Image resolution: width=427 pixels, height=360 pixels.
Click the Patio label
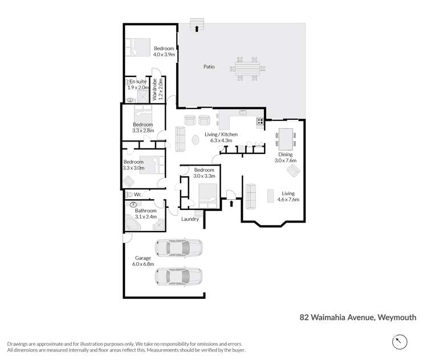pos(209,67)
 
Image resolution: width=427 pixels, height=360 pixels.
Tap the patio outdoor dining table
pos(248,68)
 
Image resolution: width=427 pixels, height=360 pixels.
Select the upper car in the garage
pos(179,248)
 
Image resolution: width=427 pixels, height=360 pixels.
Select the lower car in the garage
pos(179,277)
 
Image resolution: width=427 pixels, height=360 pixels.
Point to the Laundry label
pos(190,219)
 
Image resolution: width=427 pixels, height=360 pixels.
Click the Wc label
pos(137,195)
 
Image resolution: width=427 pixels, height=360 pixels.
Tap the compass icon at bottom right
pos(400,342)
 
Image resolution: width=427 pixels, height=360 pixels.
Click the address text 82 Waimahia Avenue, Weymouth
pos(358,317)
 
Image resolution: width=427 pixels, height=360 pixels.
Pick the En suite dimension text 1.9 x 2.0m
pos(139,88)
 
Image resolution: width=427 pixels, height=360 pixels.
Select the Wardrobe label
pos(154,90)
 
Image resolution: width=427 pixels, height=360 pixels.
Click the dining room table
pos(285,138)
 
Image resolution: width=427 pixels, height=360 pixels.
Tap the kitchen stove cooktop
pos(260,121)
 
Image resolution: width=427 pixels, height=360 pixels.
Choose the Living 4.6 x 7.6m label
pos(287,196)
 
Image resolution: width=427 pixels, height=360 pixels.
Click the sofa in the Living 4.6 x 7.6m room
pos(251,196)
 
